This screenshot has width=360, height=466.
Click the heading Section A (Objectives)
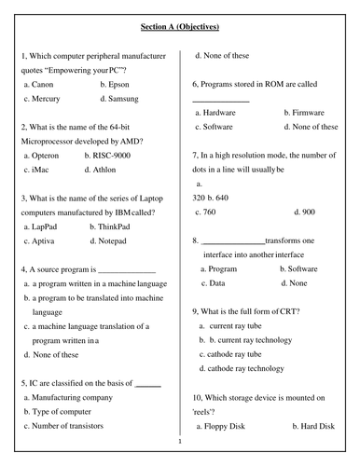[179, 27]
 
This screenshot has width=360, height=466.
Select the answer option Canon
[42, 84]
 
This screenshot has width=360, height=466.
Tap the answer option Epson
[118, 84]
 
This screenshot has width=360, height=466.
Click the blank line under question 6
[221, 100]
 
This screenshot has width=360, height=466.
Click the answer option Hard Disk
[312, 426]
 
